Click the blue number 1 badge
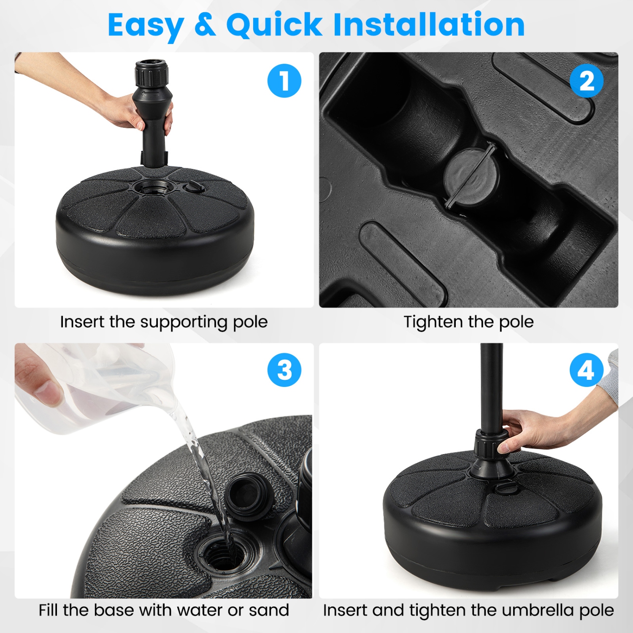click(x=284, y=81)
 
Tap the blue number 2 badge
click(x=586, y=81)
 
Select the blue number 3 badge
click(x=284, y=370)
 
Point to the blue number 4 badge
click(x=586, y=370)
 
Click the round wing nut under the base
click(x=471, y=177)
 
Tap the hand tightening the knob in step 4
click(x=532, y=430)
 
